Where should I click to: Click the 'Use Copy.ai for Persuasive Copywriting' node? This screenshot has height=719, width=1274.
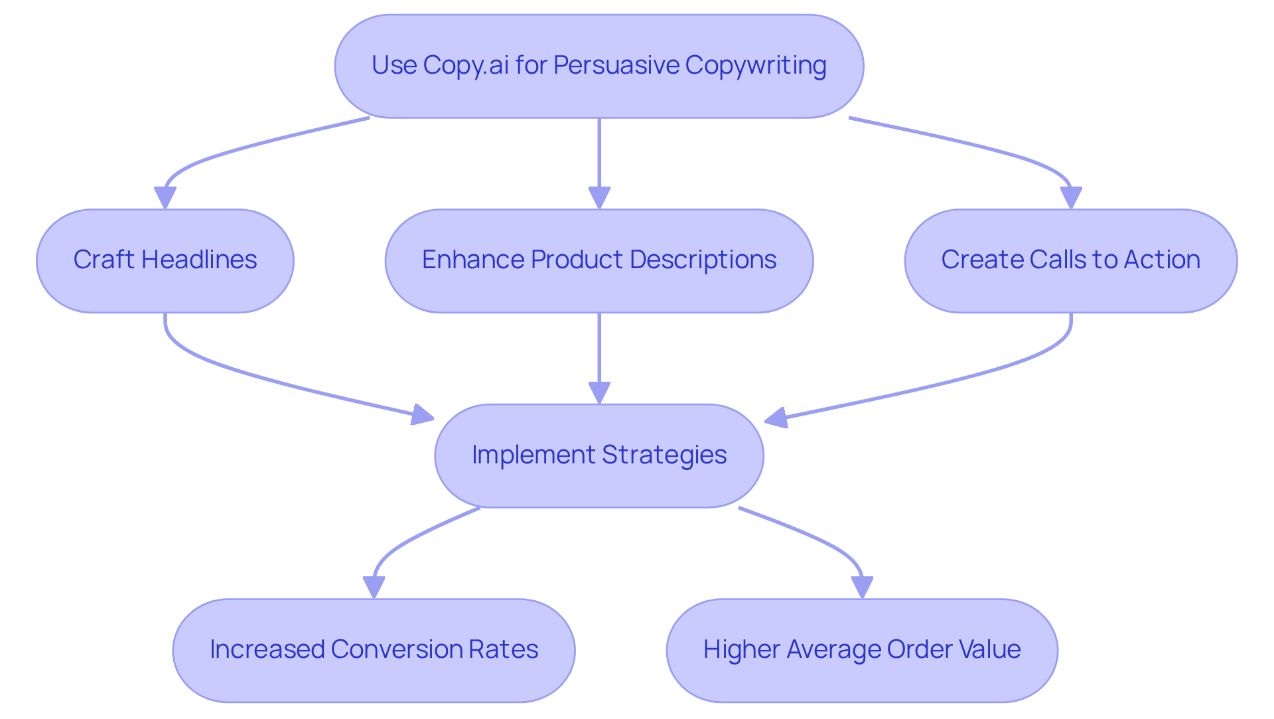[x=599, y=66]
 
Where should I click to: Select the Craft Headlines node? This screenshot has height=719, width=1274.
[x=165, y=260]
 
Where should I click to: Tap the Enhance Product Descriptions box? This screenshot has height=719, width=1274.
[x=599, y=260]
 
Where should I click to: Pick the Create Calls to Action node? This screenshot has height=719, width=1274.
[x=1070, y=260]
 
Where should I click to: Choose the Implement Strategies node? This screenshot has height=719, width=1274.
[x=599, y=455]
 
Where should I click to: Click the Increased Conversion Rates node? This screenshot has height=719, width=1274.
[x=374, y=650]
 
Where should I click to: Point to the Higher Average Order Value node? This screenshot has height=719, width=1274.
[x=861, y=650]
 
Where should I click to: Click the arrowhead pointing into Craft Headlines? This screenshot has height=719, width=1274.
[x=165, y=198]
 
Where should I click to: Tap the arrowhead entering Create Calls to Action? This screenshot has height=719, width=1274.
[x=1070, y=198]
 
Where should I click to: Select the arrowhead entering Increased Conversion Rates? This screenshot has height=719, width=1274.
[x=374, y=588]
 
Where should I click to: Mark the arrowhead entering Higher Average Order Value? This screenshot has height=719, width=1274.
[x=861, y=588]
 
